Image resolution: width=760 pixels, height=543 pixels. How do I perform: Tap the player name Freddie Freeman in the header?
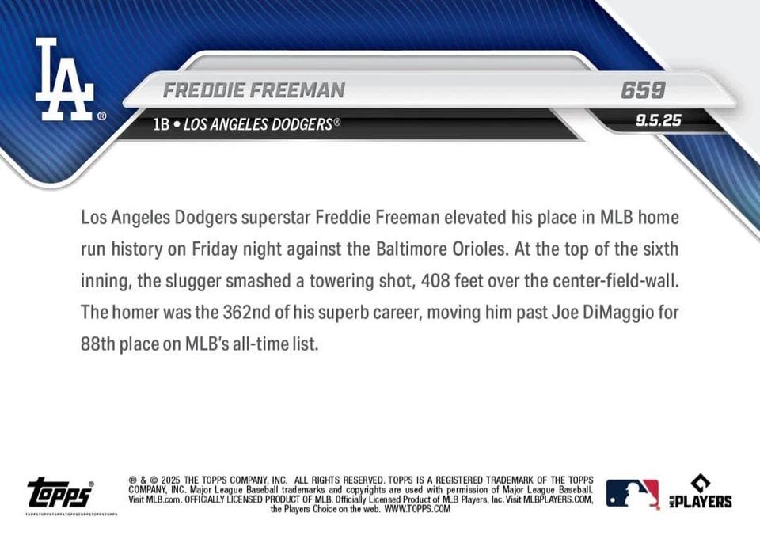click(x=253, y=91)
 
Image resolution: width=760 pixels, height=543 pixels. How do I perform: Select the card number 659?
click(x=643, y=91)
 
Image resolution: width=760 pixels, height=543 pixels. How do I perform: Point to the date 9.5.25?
click(x=658, y=121)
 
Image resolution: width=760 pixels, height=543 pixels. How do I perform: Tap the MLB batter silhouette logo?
click(x=632, y=493)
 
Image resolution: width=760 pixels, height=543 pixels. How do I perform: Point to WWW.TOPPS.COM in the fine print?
click(x=417, y=510)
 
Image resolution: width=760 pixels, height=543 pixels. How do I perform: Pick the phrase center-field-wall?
click(x=608, y=281)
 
